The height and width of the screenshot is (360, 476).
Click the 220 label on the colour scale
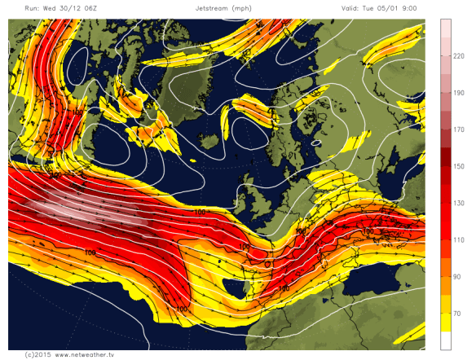point(458,55)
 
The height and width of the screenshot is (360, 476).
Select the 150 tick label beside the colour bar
point(458,166)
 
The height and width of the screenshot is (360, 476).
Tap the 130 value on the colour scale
point(458,204)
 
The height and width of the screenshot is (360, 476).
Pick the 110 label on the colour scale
point(458,240)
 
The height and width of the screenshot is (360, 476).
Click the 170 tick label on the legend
point(458,129)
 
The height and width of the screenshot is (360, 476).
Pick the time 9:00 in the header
point(421,7)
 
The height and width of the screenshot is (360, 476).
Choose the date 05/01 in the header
point(397,7)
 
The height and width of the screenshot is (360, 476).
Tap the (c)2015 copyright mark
point(37,354)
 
